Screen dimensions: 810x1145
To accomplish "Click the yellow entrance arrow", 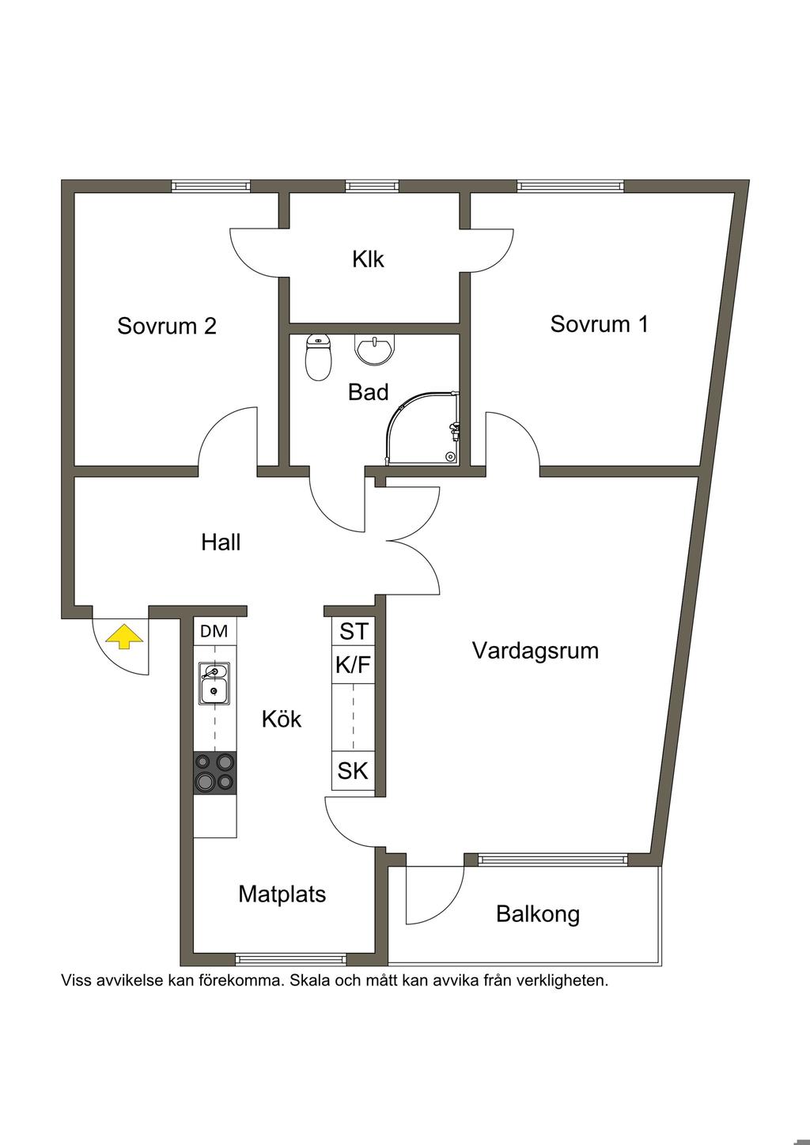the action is coord(124,638).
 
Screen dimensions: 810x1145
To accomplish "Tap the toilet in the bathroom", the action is coord(319,357).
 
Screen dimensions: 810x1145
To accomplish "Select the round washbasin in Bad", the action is coord(375,350).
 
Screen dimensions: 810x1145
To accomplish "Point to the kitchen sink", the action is coord(214,684).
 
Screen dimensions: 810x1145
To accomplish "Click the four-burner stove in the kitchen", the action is coord(215,773).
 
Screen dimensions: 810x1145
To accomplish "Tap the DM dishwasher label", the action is coord(214,632).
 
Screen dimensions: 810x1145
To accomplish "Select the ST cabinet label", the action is coord(354,631).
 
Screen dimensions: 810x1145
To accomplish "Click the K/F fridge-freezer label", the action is coord(354,665).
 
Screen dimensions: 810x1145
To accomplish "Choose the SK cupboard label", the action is coord(353,771).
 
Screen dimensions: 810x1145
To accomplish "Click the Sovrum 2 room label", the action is coord(167,326).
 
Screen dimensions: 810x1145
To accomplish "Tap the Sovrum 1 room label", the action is coord(600,323).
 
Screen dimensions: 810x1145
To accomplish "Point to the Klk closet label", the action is coord(368,259).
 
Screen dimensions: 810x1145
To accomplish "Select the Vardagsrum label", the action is coord(536,651).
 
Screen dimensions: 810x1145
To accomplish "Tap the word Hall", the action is coord(221,542).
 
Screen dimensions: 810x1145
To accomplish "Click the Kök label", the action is coord(282,719).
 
